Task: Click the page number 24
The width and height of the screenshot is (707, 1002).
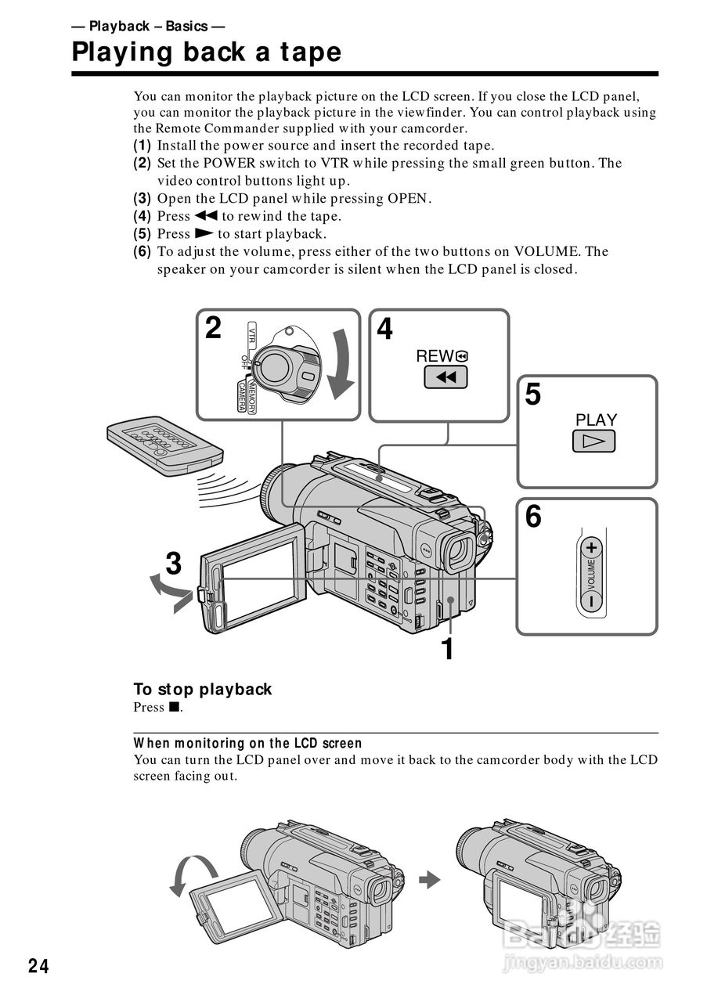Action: coord(38,967)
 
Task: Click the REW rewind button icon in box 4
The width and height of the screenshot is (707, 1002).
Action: coord(445,378)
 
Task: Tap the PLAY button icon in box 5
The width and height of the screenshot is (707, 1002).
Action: coord(593,442)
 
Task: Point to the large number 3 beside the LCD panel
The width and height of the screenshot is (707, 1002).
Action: coord(174,564)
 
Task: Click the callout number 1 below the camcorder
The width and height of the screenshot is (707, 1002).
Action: coord(447,649)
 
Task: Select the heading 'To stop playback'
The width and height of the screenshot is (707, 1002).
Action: coord(202,689)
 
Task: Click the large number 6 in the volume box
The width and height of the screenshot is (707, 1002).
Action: coord(533,517)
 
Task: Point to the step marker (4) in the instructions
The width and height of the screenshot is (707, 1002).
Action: coord(142,216)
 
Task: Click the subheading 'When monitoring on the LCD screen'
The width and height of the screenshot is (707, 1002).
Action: coord(247,743)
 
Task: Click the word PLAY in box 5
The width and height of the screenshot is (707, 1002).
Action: coord(596,420)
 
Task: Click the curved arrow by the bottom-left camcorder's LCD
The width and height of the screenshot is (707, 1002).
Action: coord(191,874)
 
